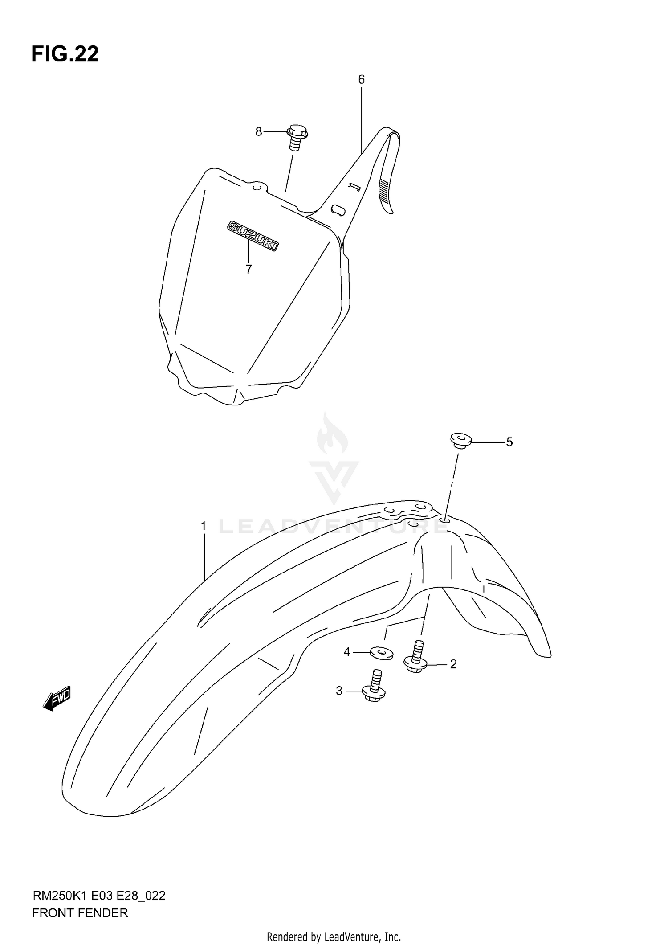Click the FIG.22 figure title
tap(65, 54)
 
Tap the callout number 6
tap(361, 80)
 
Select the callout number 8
tap(259, 132)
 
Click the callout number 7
tap(248, 269)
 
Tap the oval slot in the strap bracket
tap(338, 209)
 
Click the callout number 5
tap(509, 442)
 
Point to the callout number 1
tap(204, 526)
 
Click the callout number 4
tap(347, 652)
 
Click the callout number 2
tap(453, 677)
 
